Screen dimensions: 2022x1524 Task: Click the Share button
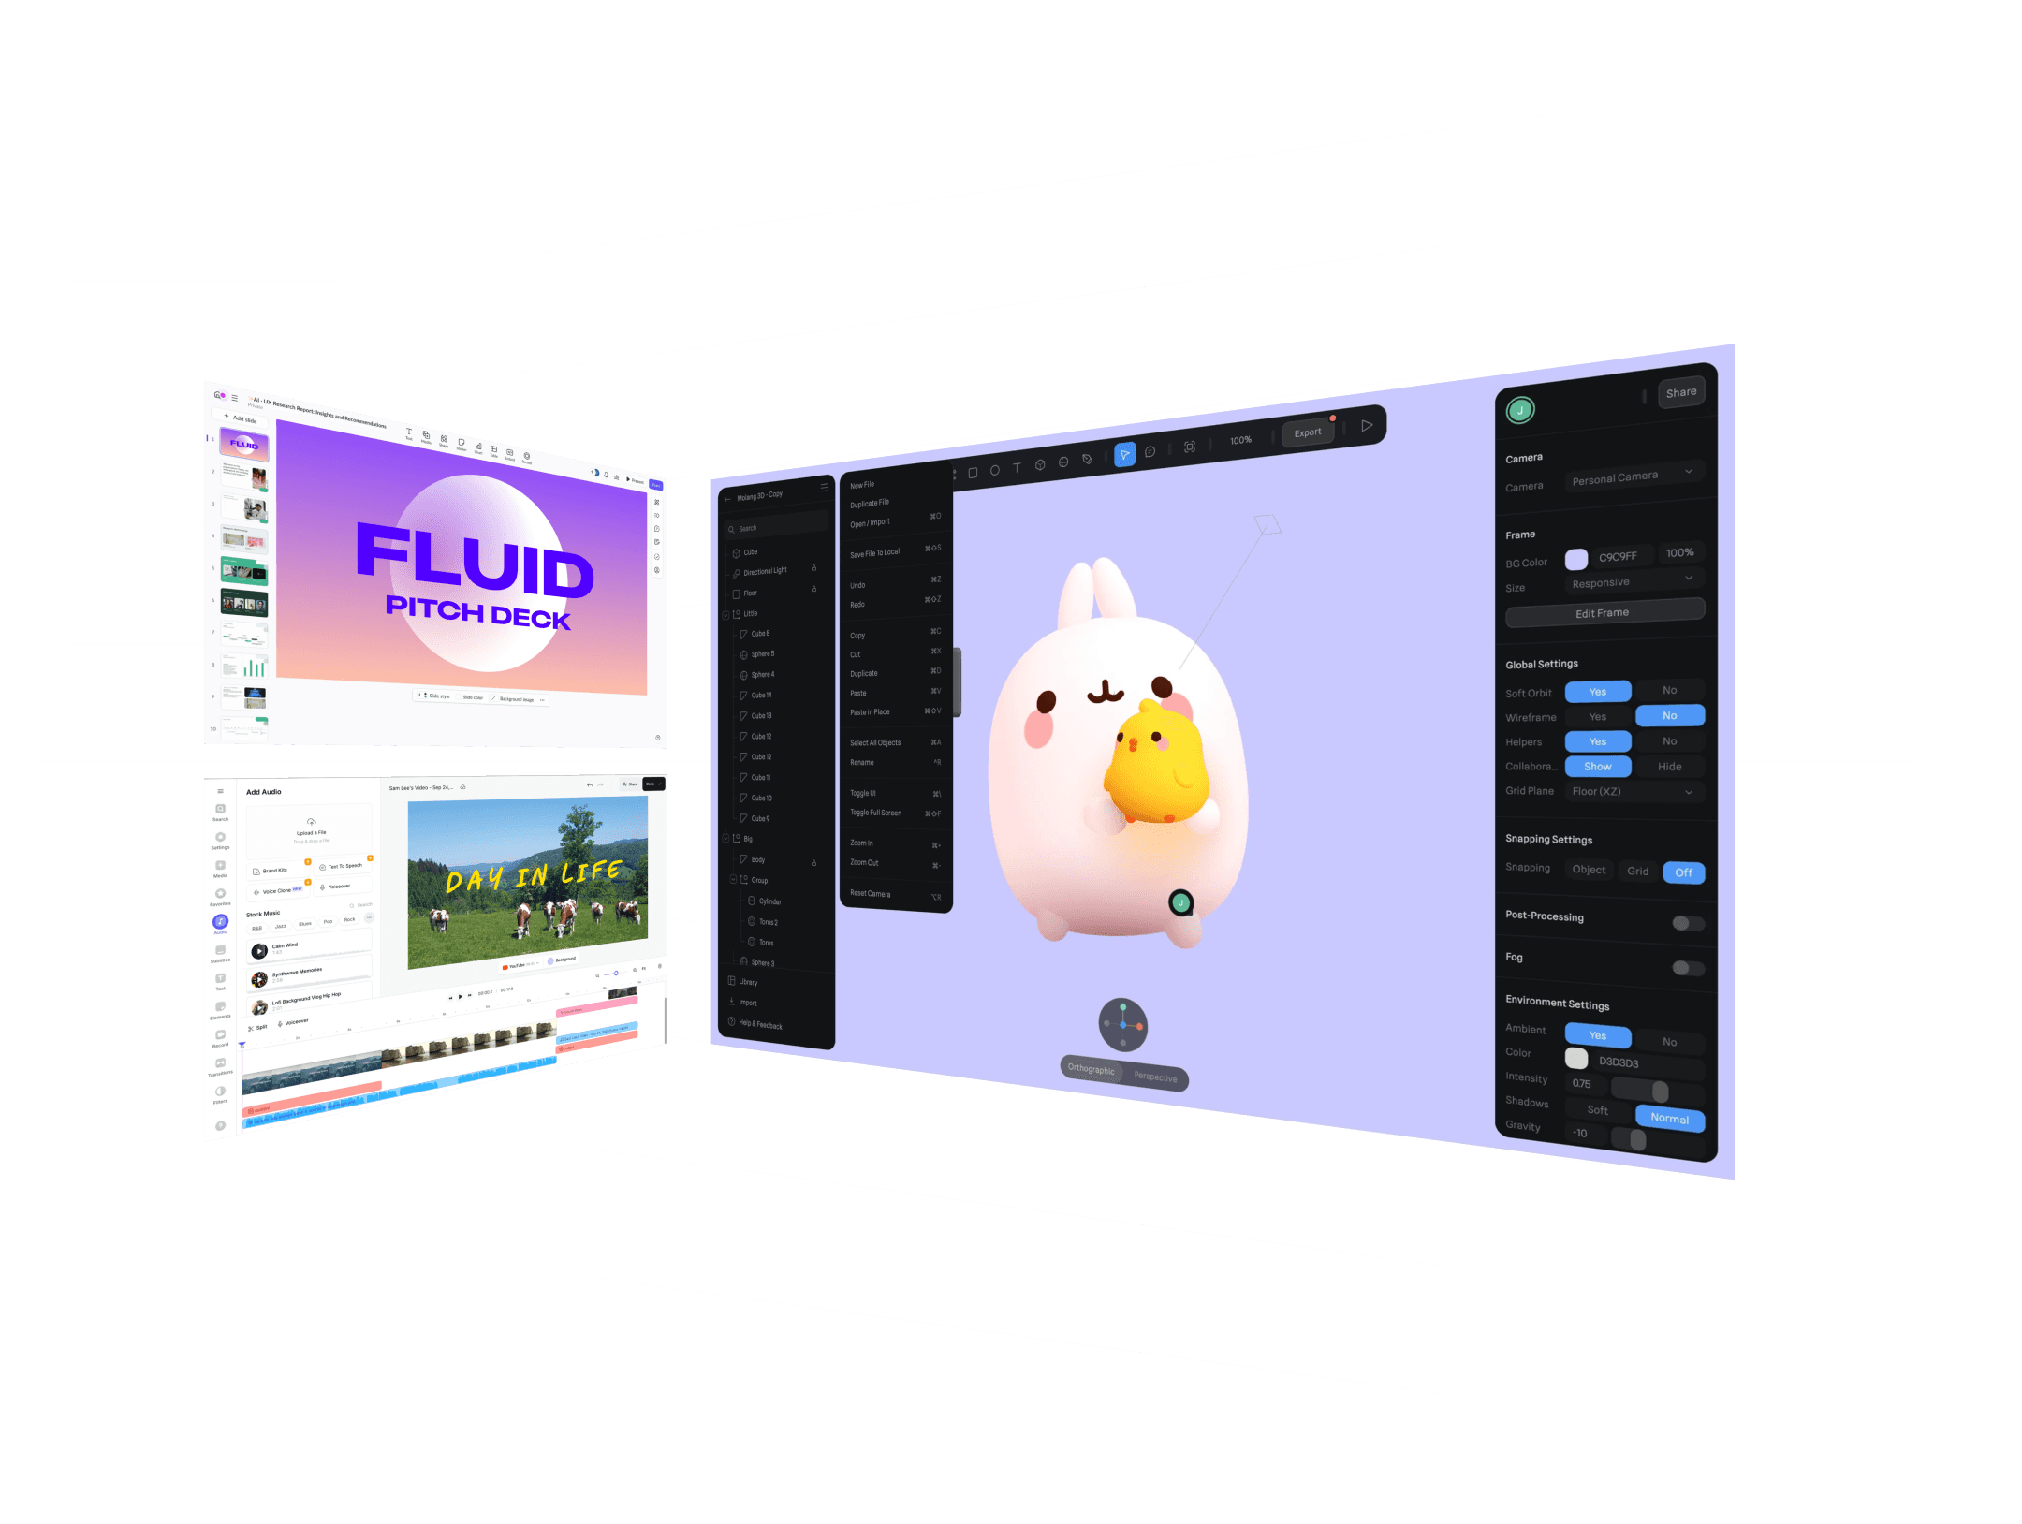[x=1680, y=393]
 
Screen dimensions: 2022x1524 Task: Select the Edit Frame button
[x=1604, y=613]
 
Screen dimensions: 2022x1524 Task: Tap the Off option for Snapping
[x=1683, y=872]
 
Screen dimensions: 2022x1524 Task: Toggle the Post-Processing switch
[x=1687, y=923]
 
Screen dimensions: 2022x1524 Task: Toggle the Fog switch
[x=1687, y=968]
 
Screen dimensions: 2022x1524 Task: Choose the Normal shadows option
[x=1669, y=1119]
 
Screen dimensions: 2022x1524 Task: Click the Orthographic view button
[x=1092, y=1069]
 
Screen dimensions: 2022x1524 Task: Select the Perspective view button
[x=1156, y=1077]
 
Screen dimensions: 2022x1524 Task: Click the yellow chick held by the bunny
[x=1155, y=763]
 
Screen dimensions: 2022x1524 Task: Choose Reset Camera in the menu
[x=871, y=894]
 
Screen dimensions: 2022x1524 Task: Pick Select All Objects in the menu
[x=875, y=743]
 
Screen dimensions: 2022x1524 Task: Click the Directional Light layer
[x=766, y=571]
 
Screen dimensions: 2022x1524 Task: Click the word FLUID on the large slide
[x=475, y=562]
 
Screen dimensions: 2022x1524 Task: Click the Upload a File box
[x=310, y=829]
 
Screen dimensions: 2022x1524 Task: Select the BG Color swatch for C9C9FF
[x=1576, y=559]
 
